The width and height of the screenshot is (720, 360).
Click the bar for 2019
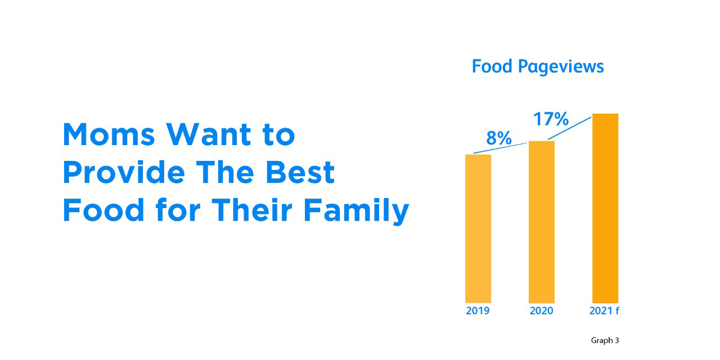(478, 228)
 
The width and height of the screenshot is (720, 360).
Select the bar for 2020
(542, 222)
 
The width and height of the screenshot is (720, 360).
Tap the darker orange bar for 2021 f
(605, 208)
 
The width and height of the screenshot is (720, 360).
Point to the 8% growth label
(499, 138)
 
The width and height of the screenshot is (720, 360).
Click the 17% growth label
(551, 119)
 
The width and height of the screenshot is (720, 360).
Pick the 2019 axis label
(478, 311)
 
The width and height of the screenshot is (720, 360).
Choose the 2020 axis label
(542, 311)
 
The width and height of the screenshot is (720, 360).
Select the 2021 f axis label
(604, 311)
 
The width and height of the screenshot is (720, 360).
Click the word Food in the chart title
(492, 66)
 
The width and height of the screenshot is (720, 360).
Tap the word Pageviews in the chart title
(561, 67)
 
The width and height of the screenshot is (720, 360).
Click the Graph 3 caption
(605, 340)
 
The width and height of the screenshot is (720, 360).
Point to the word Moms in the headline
(109, 134)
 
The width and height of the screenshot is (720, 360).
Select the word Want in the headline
(208, 134)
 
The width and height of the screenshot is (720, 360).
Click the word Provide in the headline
(124, 172)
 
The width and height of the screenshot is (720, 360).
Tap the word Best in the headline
(300, 172)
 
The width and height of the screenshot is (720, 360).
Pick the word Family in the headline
(356, 211)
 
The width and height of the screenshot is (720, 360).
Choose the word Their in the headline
(252, 210)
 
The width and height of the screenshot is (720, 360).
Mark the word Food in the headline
(103, 210)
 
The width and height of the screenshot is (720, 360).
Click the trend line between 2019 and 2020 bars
(500, 148)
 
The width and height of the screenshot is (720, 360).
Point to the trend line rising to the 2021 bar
(570, 128)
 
